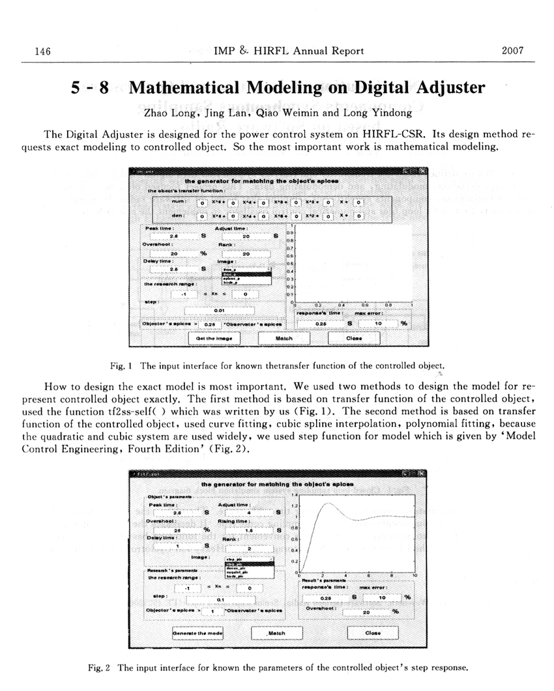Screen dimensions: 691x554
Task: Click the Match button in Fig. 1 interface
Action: point(284,338)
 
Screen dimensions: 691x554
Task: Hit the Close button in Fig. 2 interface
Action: point(372,632)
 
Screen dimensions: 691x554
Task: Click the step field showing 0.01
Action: point(220,311)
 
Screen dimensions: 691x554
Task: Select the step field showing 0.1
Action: point(220,600)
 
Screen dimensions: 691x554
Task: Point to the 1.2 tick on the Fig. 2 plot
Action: point(295,505)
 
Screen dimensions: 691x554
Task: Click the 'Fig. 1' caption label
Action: point(123,365)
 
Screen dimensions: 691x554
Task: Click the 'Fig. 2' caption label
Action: point(98,668)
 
